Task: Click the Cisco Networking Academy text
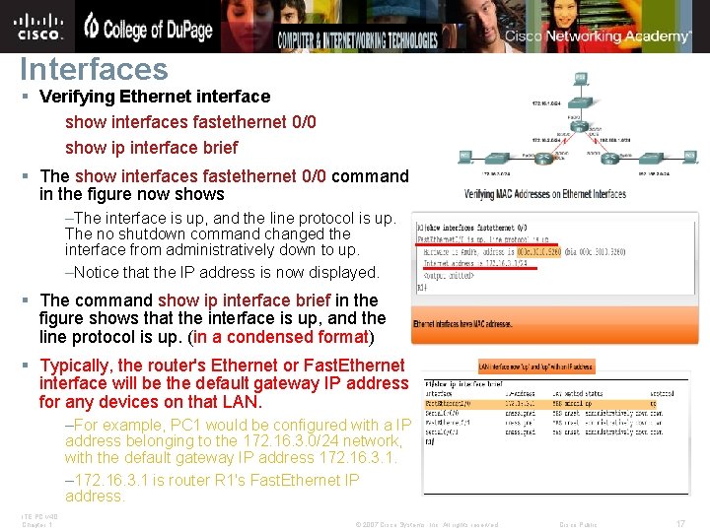point(599,36)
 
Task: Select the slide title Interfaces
point(95,70)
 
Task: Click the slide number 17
point(679,523)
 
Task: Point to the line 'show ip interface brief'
point(151,148)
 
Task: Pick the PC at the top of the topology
point(580,77)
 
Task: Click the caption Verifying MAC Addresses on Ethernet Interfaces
point(545,194)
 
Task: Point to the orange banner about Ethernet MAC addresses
point(462,324)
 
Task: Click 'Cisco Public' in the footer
point(579,524)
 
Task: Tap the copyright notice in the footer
point(426,524)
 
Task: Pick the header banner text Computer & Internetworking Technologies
point(357,40)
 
